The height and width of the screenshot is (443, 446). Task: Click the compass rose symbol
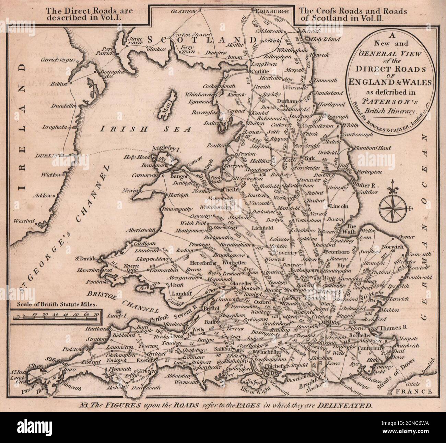point(392,209)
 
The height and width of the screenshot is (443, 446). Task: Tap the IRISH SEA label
point(146,129)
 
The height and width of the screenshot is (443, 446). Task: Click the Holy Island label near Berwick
point(325,39)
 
